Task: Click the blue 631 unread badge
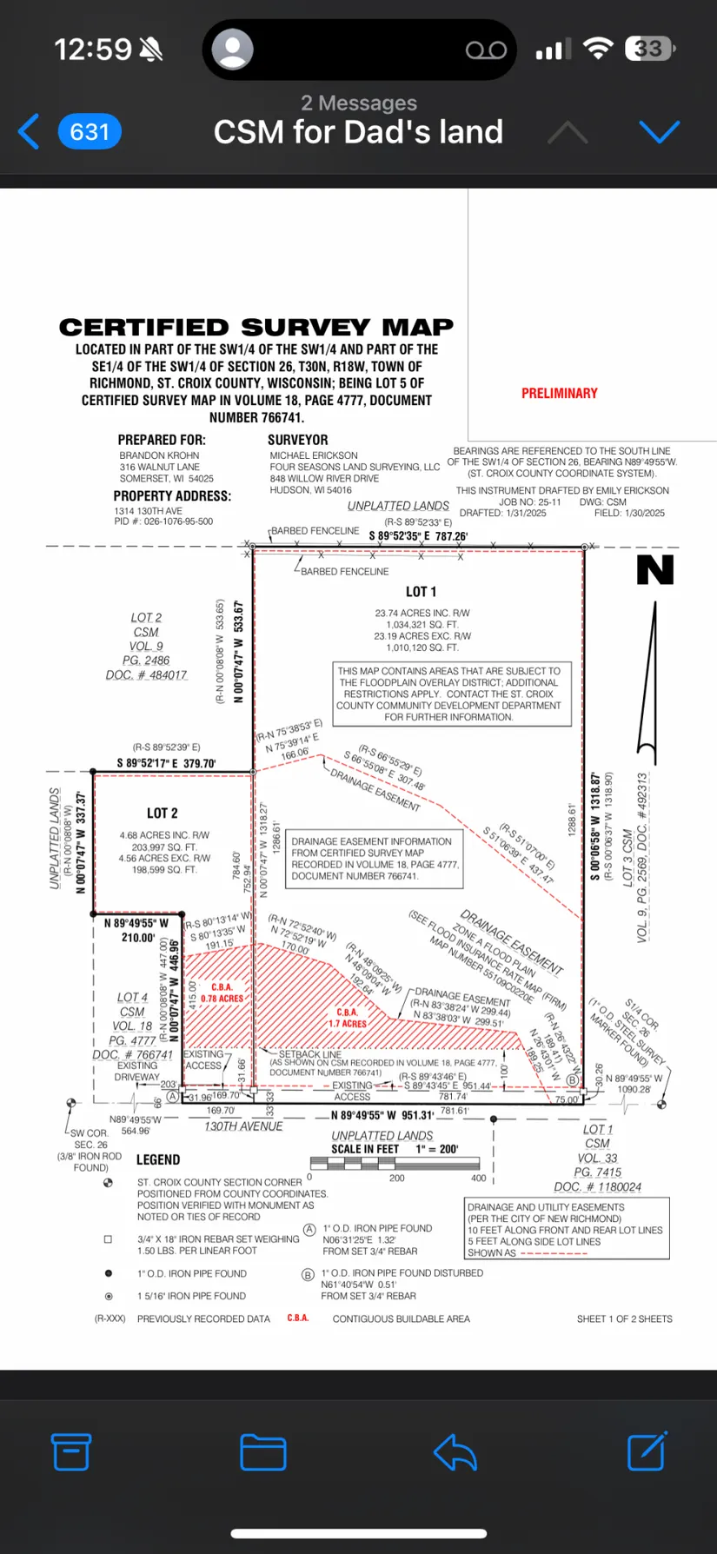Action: coord(90,132)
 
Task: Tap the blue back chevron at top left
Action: coord(29,132)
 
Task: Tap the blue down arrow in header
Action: coord(659,132)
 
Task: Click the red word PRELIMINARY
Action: coord(559,394)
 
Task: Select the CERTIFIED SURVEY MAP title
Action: coord(256,328)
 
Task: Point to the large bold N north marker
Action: coord(655,570)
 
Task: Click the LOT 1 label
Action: coord(421,592)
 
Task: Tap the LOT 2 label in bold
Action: coord(162,814)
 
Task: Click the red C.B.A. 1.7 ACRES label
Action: coord(348,1018)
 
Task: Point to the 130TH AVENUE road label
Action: coord(243,1126)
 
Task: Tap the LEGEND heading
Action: coord(158,1160)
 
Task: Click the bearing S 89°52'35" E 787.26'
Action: coord(418,536)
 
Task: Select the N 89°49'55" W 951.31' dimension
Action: coord(382,1115)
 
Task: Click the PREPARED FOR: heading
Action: coord(162,440)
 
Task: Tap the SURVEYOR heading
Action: coord(298,440)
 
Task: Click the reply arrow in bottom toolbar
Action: coord(455,1451)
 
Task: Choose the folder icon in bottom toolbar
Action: coord(263,1451)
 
